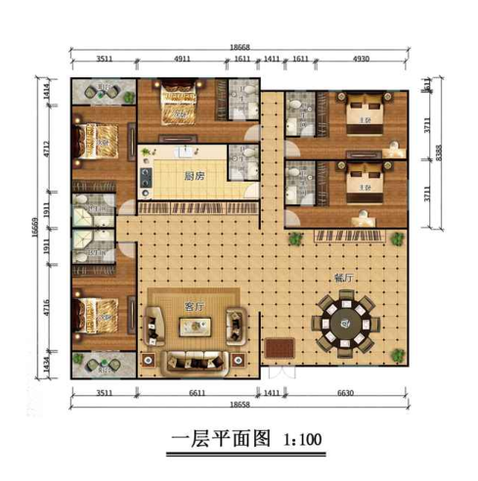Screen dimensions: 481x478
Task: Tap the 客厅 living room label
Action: point(195,306)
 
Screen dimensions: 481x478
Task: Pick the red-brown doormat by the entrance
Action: point(281,346)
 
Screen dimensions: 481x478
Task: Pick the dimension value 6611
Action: point(197,392)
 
